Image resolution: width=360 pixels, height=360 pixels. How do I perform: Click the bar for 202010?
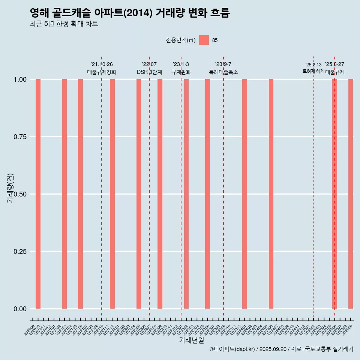click(x=38, y=194)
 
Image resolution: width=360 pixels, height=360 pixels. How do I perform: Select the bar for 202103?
click(x=64, y=194)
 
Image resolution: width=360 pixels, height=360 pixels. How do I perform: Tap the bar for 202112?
click(x=112, y=194)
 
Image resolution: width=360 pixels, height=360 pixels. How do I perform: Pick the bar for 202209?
click(x=160, y=194)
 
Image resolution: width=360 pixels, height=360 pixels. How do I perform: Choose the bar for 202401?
click(x=244, y=194)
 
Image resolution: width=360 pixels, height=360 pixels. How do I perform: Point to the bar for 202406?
click(x=271, y=194)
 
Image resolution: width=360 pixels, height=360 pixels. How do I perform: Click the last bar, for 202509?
click(x=351, y=194)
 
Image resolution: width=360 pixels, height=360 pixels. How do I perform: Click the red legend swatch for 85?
click(x=204, y=40)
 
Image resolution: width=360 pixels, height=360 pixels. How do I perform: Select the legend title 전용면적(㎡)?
click(x=181, y=40)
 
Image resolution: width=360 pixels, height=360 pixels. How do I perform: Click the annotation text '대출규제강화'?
click(x=102, y=72)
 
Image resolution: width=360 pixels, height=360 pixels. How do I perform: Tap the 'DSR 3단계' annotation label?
click(x=149, y=72)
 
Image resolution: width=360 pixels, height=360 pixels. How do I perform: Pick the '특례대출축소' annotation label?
click(x=223, y=72)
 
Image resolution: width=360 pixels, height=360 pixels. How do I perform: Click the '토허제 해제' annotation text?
click(x=313, y=71)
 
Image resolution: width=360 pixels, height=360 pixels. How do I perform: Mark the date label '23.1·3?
click(x=181, y=64)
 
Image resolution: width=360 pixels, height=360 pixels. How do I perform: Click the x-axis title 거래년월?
click(x=191, y=340)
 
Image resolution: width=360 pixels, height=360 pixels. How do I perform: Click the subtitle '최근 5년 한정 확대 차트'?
click(x=64, y=24)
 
